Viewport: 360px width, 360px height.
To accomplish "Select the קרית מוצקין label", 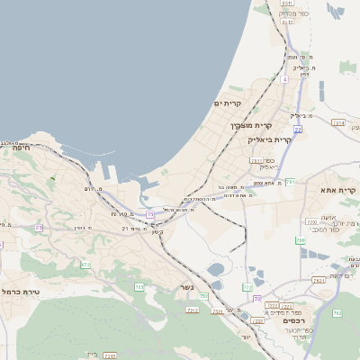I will (x=250, y=125).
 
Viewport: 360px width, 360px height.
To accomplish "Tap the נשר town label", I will (x=175, y=288).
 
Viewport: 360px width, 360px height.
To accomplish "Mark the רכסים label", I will (x=270, y=319).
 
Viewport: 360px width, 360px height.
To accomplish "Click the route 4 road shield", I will (x=284, y=79).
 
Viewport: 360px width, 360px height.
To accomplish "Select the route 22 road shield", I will (x=297, y=129).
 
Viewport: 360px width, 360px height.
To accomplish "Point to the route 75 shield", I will (x=150, y=213).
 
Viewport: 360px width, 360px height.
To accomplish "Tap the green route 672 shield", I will (x=85, y=265).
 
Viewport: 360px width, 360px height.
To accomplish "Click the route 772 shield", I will (x=248, y=287).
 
